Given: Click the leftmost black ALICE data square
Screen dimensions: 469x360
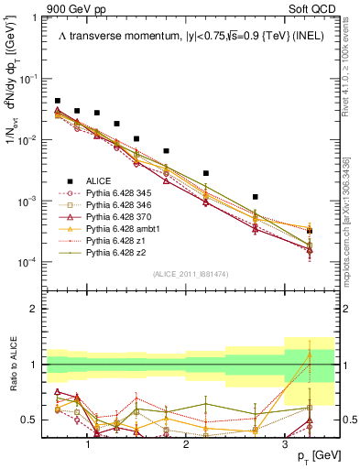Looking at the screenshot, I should click(x=58, y=101).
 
